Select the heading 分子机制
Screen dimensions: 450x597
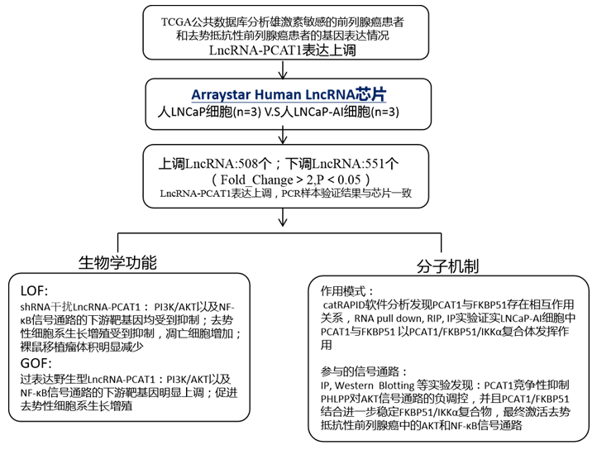[x=448, y=267]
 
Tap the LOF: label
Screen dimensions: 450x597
[x=35, y=291]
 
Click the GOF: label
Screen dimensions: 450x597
[x=36, y=362]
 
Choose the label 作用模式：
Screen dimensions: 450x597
[x=347, y=291]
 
